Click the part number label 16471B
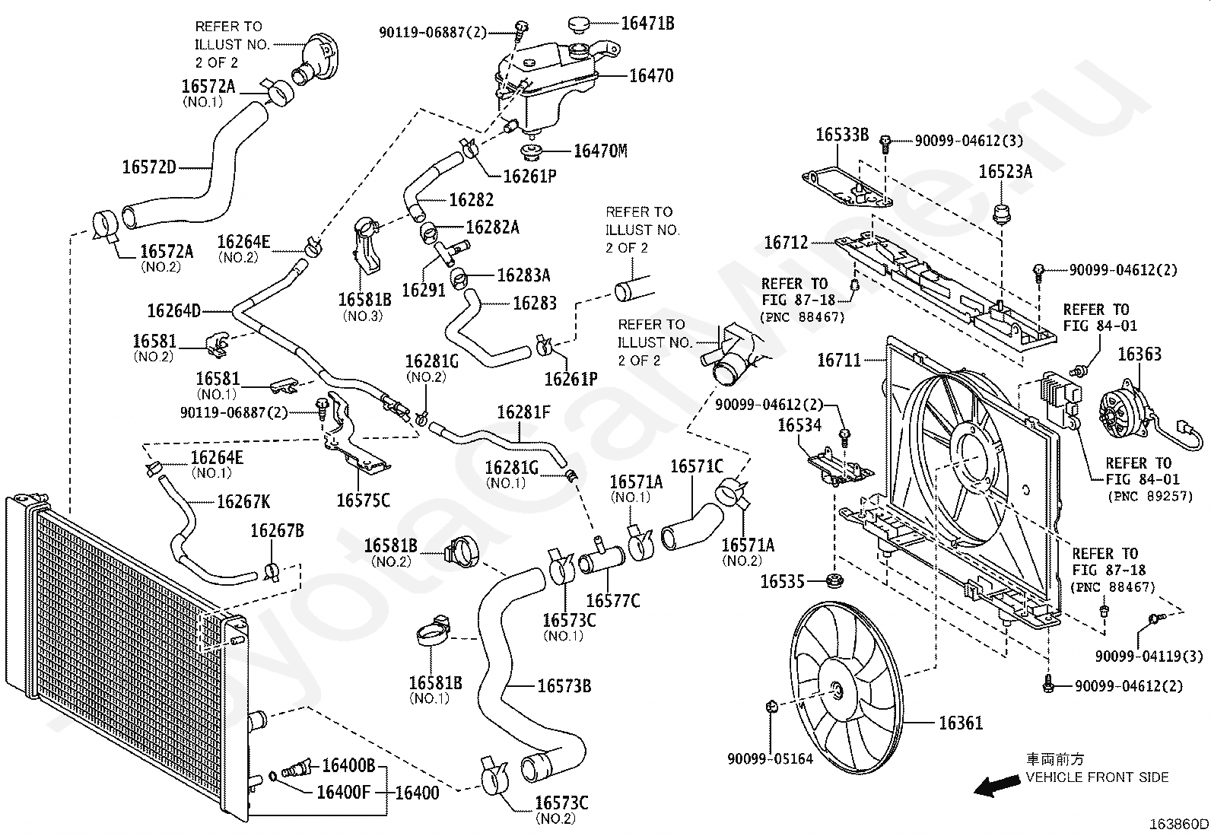(x=647, y=24)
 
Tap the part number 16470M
(x=600, y=151)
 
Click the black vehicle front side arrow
(x=996, y=787)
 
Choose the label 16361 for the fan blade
(x=961, y=723)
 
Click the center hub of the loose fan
(x=837, y=691)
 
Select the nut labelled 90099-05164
(x=770, y=707)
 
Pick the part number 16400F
(x=343, y=793)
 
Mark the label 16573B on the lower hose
(x=564, y=686)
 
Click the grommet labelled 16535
(x=834, y=583)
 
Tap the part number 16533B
(x=842, y=135)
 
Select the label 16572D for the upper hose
(x=149, y=167)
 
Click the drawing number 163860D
(x=1179, y=825)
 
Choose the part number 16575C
(x=363, y=500)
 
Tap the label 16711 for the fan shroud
(x=838, y=360)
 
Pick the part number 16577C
(x=613, y=601)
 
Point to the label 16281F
(x=523, y=412)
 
